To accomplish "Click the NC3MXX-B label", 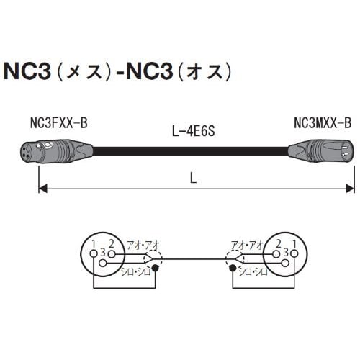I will click(x=323, y=125).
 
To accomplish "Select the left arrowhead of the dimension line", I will click(x=42, y=189).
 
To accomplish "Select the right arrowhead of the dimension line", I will click(x=351, y=189).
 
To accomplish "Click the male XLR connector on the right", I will click(x=321, y=152).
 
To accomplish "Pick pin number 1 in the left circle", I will click(x=93, y=244).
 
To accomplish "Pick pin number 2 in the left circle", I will click(x=109, y=244).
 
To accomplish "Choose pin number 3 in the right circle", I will click(x=288, y=253).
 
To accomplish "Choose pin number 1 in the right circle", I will click(x=295, y=244).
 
